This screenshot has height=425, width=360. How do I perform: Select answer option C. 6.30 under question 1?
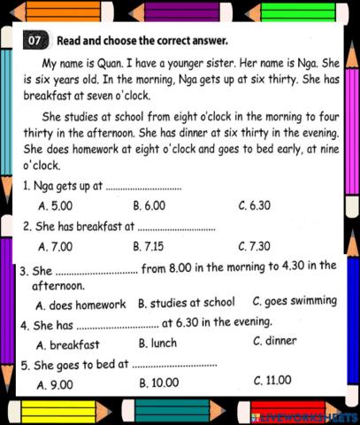pyautogui.click(x=255, y=205)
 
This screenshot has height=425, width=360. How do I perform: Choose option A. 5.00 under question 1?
pyautogui.click(x=56, y=205)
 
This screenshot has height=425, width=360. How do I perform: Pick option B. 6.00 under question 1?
pyautogui.click(x=149, y=205)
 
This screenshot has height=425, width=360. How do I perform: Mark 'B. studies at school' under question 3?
pyautogui.click(x=187, y=302)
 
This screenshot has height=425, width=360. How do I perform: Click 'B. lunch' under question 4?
pyautogui.click(x=160, y=343)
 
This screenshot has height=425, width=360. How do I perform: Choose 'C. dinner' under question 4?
pyautogui.click(x=275, y=341)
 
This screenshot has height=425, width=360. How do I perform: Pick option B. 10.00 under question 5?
pyautogui.click(x=159, y=382)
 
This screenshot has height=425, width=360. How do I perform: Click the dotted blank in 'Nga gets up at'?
pyautogui.click(x=143, y=187)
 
